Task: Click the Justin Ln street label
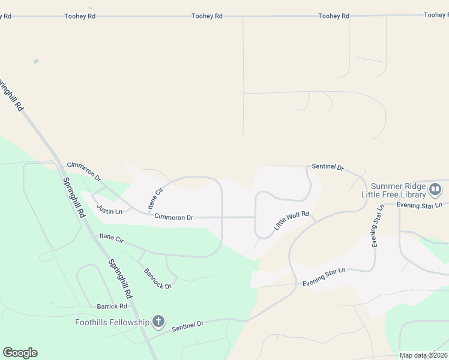[110, 211]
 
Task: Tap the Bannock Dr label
[158, 278]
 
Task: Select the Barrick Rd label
[112, 307]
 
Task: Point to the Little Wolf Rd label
[291, 221]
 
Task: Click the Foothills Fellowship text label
[112, 322]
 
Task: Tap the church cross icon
[158, 322]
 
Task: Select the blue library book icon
[436, 190]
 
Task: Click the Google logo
[20, 353]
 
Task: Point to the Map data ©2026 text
[423, 355]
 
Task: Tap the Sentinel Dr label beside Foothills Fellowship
[188, 326]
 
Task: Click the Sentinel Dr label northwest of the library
[327, 166]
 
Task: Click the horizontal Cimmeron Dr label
[173, 217]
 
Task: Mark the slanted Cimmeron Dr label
[84, 171]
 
